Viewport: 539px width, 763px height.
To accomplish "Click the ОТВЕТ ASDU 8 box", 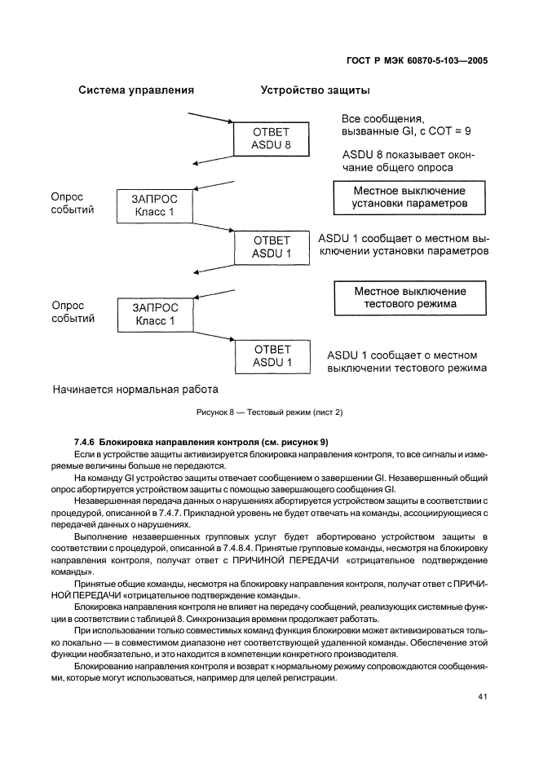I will point(272,139).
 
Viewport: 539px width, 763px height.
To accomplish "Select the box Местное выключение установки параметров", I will point(410,196).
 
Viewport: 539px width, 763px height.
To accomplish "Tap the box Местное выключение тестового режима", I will point(410,298).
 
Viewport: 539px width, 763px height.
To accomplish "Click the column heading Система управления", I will point(135,90).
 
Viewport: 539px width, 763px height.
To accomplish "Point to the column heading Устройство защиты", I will point(316,90).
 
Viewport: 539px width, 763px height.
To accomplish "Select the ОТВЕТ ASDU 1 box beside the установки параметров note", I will point(272,247).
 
